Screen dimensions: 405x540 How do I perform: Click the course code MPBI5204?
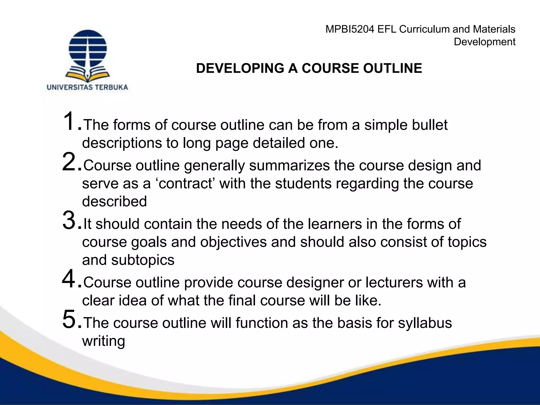[350, 29]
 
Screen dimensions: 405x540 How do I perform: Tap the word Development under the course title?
[484, 42]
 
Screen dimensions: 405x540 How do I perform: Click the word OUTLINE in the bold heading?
[392, 68]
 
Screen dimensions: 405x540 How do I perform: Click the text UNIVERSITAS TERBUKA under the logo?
[87, 87]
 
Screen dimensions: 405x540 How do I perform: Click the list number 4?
[69, 279]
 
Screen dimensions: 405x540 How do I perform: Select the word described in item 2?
[114, 201]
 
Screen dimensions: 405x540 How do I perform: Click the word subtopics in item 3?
[143, 261]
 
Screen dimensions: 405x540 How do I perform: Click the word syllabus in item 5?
[425, 323]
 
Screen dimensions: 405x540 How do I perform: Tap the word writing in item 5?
[103, 341]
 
